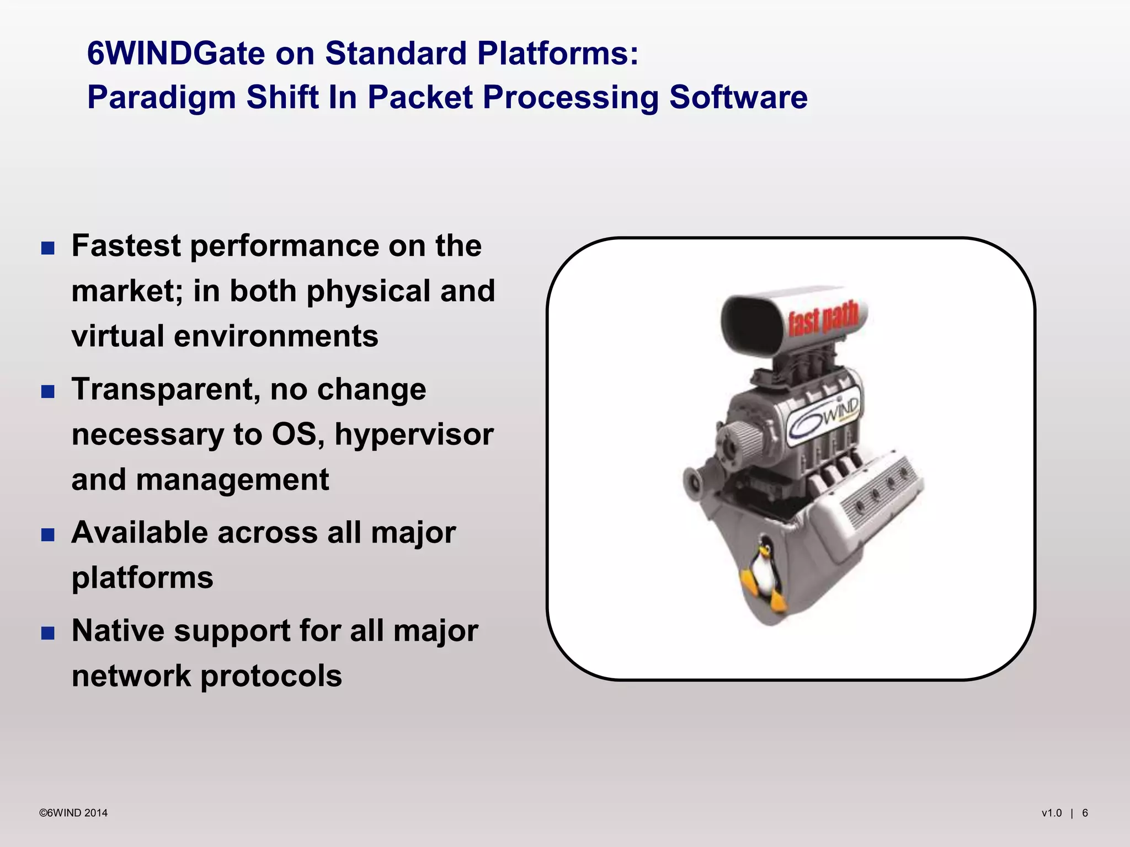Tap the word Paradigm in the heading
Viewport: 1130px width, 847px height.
coord(161,98)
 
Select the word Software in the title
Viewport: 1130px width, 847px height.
coord(738,98)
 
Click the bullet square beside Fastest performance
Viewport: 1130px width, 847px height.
coord(48,248)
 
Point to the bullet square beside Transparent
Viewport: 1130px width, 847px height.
coord(48,392)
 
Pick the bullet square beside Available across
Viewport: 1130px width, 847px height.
coord(48,534)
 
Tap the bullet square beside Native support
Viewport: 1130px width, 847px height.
coord(48,632)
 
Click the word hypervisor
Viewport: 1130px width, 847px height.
coord(414,435)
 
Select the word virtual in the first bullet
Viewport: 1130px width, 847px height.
coord(118,336)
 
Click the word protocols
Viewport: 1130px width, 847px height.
coord(271,677)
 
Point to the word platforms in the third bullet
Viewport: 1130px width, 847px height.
coord(142,578)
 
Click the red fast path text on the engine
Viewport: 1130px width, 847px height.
coord(823,318)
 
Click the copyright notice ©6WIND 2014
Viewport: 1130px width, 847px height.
coord(73,813)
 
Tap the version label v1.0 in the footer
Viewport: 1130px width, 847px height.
coord(1051,813)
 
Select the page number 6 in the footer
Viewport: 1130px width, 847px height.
coord(1085,813)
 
